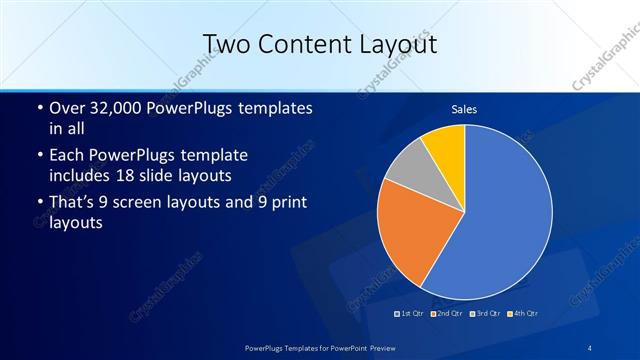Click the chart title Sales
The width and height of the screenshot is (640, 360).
464,107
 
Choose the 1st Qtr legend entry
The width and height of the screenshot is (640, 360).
409,313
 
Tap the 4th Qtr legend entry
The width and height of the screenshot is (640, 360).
523,313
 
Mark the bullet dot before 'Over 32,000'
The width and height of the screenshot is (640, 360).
39,108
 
